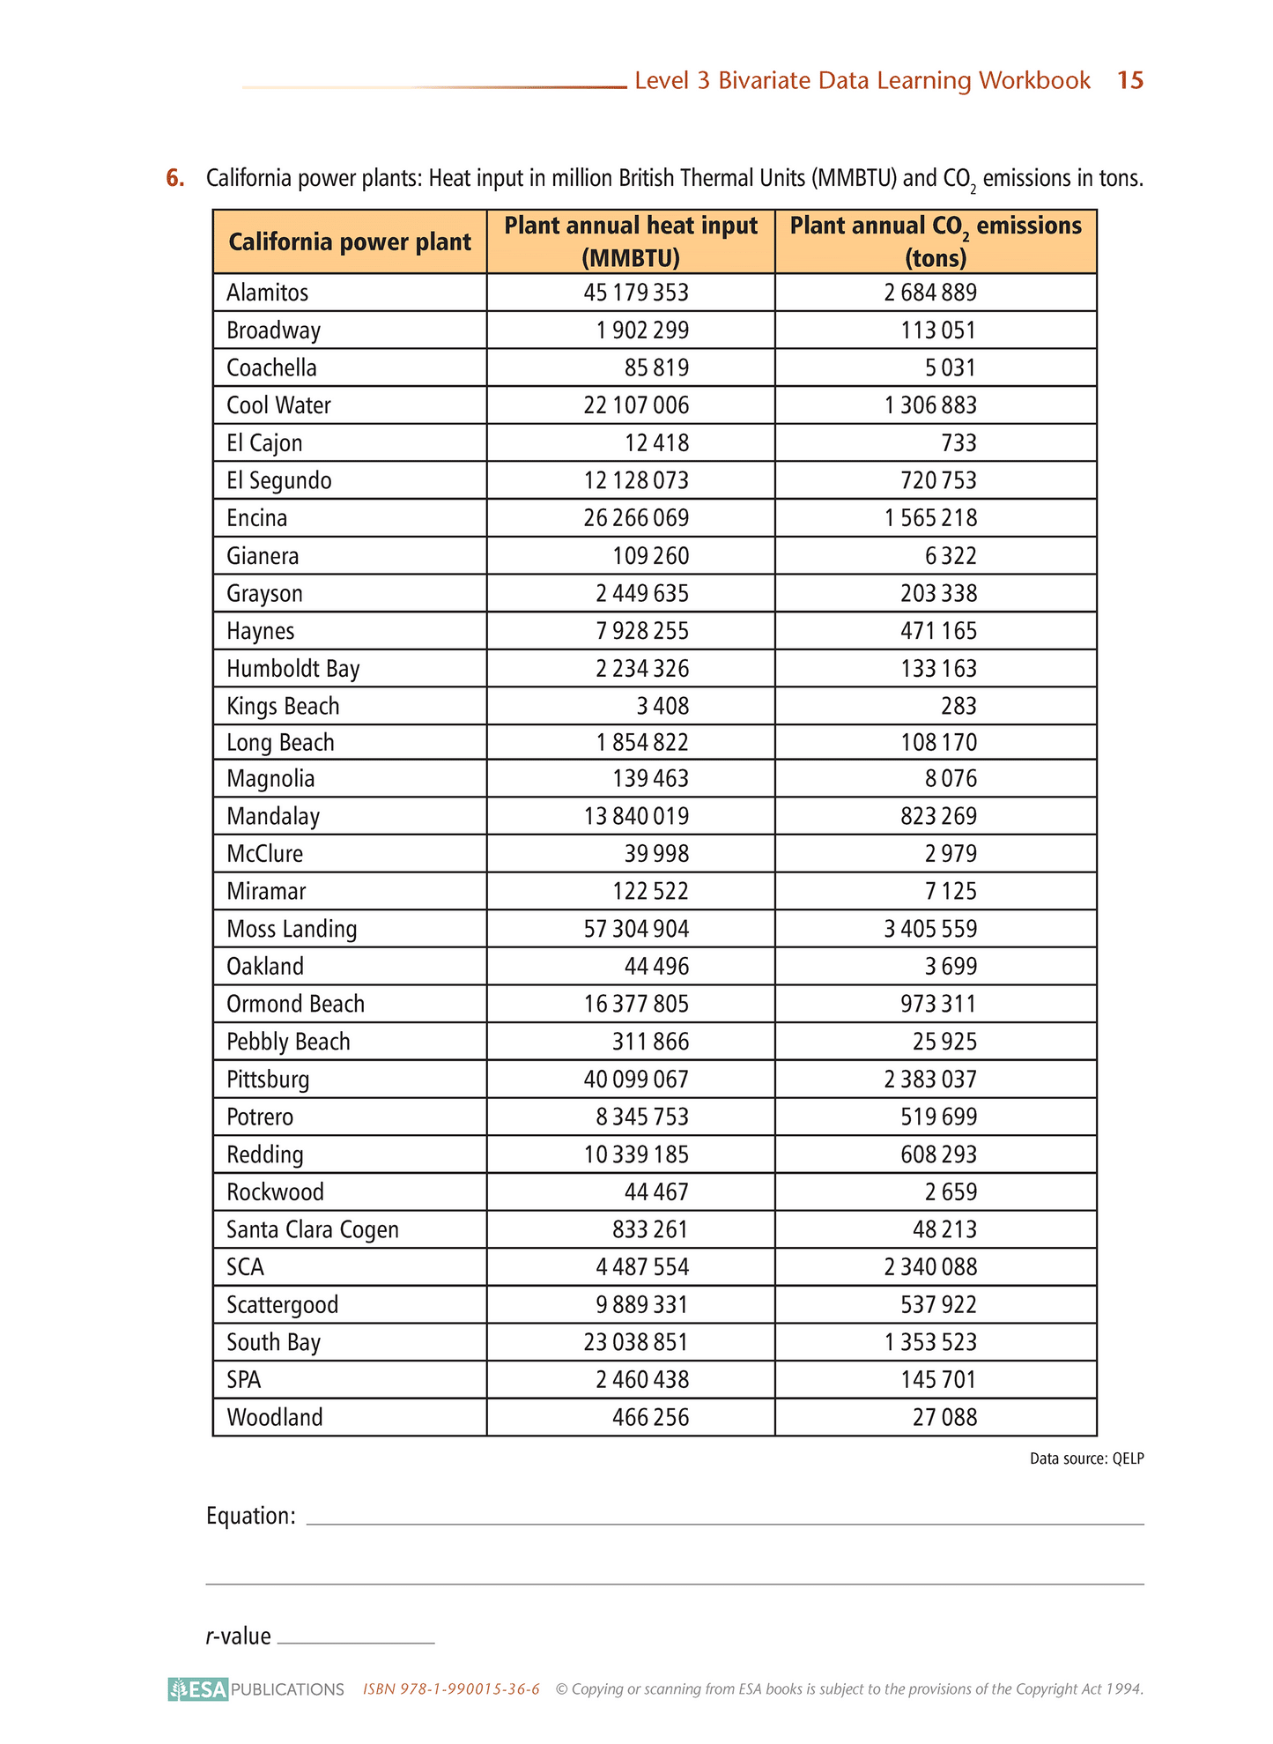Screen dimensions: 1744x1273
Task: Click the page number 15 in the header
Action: click(x=1129, y=80)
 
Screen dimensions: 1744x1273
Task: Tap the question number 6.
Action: click(x=175, y=178)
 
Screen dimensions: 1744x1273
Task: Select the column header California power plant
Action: click(x=350, y=242)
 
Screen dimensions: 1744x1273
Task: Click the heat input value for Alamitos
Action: click(x=635, y=293)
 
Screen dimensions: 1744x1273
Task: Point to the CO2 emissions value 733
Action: click(x=958, y=442)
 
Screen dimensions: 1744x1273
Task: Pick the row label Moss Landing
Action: click(x=292, y=929)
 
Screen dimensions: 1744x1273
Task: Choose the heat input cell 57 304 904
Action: click(x=636, y=929)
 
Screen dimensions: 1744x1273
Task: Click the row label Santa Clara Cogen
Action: click(x=313, y=1229)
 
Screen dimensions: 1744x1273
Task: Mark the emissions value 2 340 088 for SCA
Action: click(x=930, y=1266)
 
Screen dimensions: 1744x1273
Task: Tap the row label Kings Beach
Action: click(x=283, y=706)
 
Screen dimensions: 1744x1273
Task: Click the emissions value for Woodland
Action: click(x=944, y=1417)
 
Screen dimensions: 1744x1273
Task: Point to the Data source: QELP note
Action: click(x=1086, y=1458)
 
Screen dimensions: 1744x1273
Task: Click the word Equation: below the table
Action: click(x=251, y=1516)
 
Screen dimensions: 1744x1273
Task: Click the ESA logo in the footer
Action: click(x=199, y=1688)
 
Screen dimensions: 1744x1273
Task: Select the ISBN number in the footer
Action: click(x=451, y=1689)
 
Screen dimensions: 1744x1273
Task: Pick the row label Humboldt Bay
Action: click(x=293, y=669)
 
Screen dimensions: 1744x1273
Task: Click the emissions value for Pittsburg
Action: click(x=930, y=1080)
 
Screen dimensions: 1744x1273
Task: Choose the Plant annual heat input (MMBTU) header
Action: click(x=631, y=241)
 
